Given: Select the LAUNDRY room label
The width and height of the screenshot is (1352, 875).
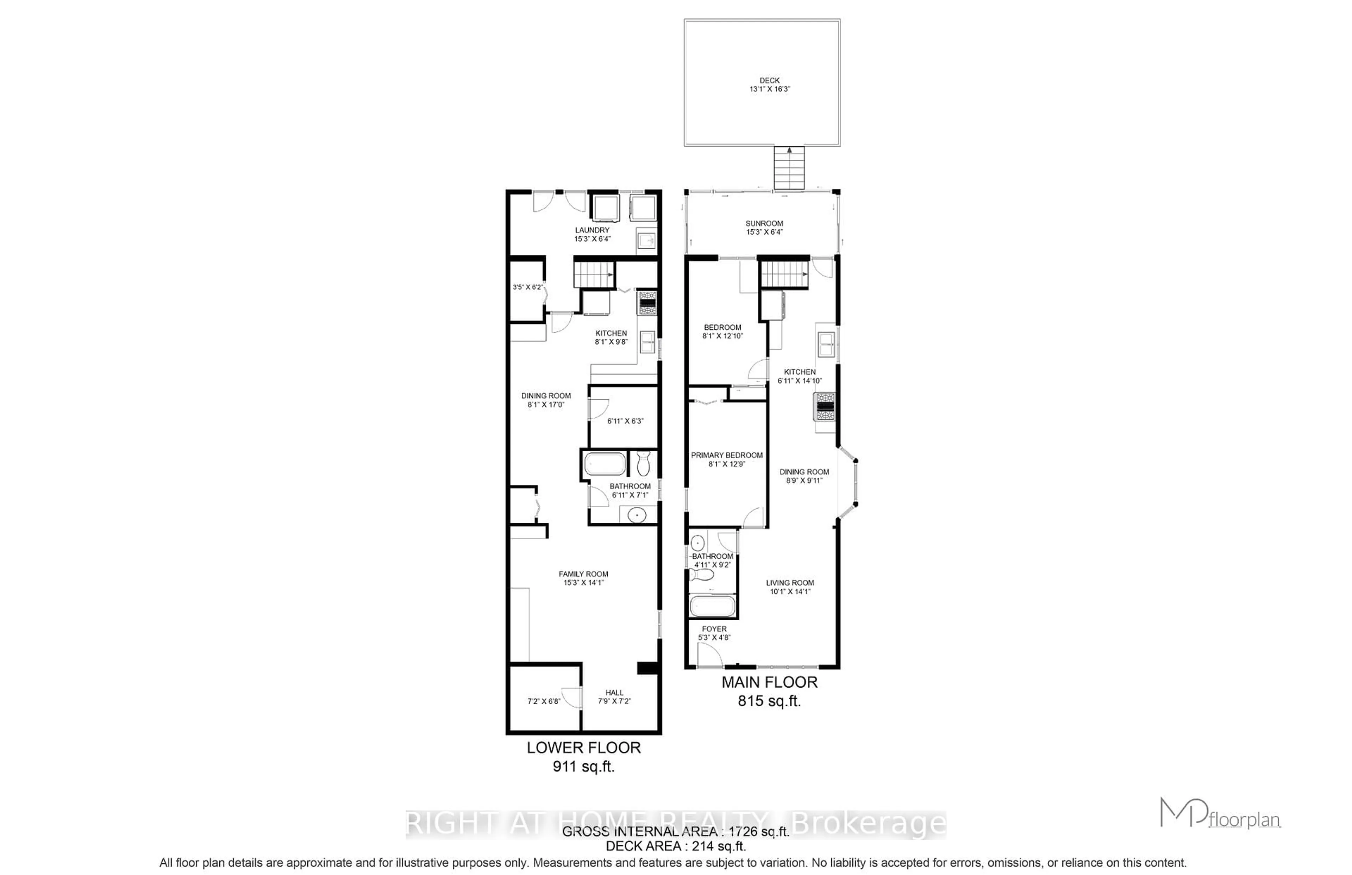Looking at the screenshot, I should [x=592, y=230].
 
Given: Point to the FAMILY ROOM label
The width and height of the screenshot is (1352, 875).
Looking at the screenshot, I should [x=583, y=574].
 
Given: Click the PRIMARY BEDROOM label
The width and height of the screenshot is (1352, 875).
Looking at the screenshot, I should [x=726, y=455].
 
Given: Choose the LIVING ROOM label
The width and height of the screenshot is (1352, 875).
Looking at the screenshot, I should [x=789, y=582].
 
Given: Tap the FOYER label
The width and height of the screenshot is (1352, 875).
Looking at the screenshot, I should [x=714, y=629].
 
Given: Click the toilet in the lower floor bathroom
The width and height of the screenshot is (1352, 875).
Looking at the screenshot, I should [x=643, y=463].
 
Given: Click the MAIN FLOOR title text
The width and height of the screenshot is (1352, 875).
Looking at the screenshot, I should [x=769, y=682].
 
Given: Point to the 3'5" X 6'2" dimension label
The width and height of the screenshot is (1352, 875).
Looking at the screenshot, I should [x=527, y=287].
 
